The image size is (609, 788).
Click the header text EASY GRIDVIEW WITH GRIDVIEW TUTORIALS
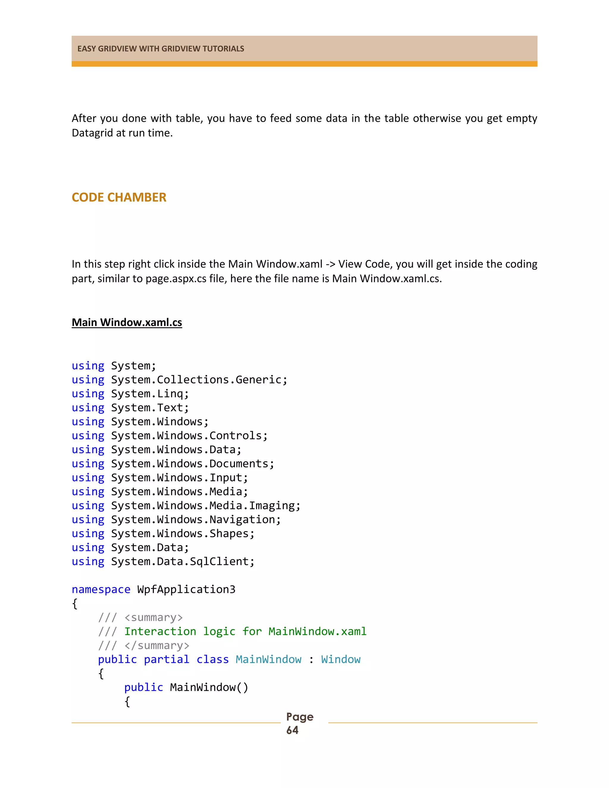161,49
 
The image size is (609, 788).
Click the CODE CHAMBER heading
119,197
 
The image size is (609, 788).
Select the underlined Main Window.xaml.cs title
127,322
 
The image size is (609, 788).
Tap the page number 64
292,730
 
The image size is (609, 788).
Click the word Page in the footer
299,717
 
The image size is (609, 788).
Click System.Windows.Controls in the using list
189,436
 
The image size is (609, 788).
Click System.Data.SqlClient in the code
182,561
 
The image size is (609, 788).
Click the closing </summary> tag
157,646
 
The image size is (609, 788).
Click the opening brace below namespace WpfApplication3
75,604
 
